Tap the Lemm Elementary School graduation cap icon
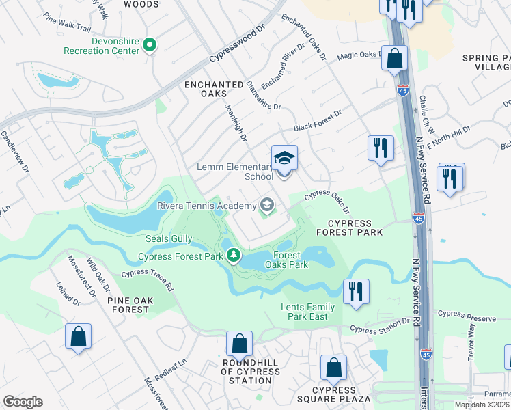pos(284,159)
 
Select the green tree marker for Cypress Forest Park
pos(234,256)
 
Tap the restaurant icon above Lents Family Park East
pos(356,290)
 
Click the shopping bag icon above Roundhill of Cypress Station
pos(239,343)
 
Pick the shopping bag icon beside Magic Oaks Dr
pos(395,58)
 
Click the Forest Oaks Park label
pos(292,260)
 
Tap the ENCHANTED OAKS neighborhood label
pos(214,90)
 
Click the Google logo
pos(23,402)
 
